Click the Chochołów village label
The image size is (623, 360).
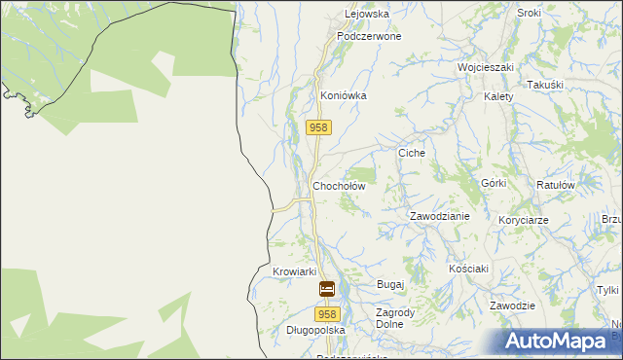pyautogui.click(x=338, y=186)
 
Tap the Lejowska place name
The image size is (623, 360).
pyautogui.click(x=367, y=15)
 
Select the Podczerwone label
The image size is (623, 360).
pyautogui.click(x=369, y=36)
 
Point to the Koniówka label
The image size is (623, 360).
pyautogui.click(x=344, y=96)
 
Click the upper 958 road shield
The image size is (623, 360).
pyautogui.click(x=319, y=127)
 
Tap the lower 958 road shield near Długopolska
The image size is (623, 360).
pyautogui.click(x=327, y=313)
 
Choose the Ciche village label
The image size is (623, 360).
pyautogui.click(x=413, y=154)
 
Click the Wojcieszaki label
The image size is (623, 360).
pyautogui.click(x=486, y=68)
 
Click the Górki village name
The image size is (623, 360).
pyautogui.click(x=494, y=184)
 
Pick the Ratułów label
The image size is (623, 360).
pyautogui.click(x=557, y=184)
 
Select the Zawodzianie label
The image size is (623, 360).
pyautogui.click(x=439, y=216)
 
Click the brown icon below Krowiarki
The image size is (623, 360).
pyautogui.click(x=327, y=289)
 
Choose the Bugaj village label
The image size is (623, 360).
pyautogui.click(x=389, y=284)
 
